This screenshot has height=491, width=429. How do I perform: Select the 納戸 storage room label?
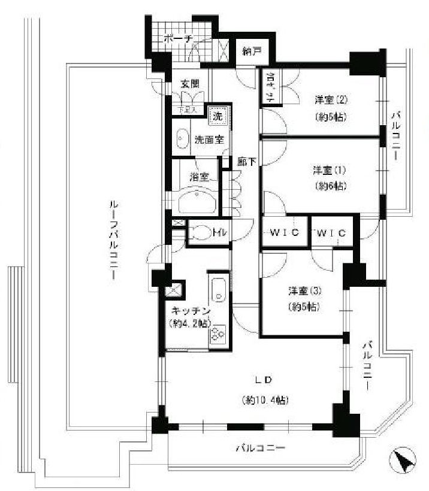(x=253, y=51)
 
